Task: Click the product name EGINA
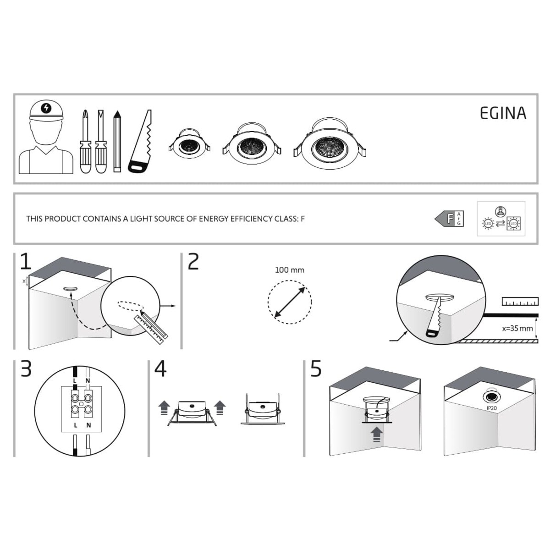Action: pos(503,113)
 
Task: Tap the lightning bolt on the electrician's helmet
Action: pos(46,108)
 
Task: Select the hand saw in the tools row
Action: pos(140,143)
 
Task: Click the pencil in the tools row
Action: pos(117,141)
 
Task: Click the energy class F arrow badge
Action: pos(449,219)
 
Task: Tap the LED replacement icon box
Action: pos(500,219)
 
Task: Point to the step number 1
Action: pos(26,262)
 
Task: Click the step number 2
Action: pos(193,262)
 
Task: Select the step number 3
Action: pos(26,369)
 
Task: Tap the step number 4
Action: pos(160,369)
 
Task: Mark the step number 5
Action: pos(316,369)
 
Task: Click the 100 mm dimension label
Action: pos(289,270)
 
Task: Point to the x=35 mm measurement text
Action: pos(517,328)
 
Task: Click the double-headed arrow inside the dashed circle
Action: pos(289,302)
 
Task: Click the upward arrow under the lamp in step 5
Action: pos(377,434)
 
